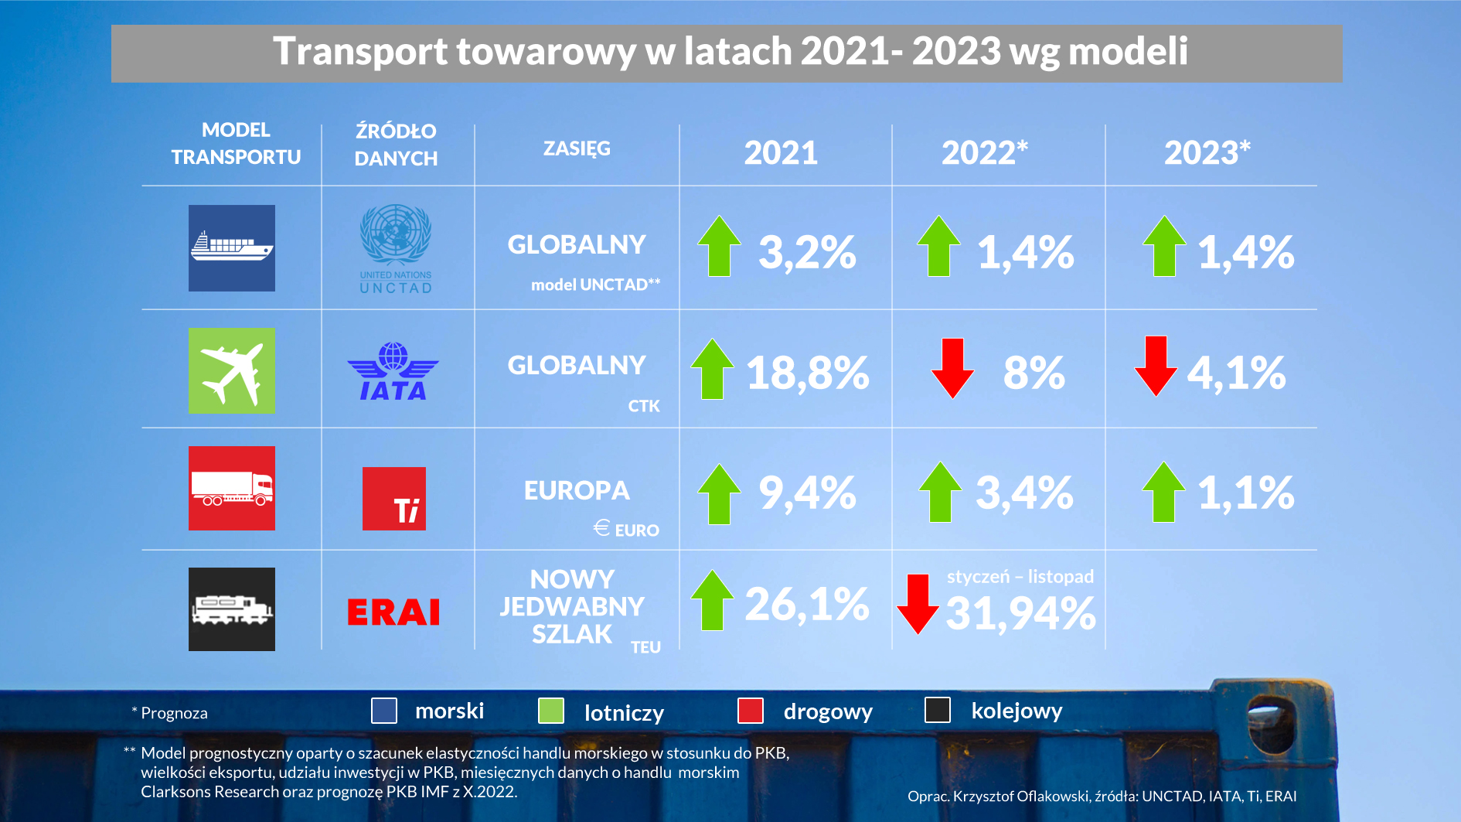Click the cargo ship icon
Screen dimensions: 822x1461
pyautogui.click(x=232, y=248)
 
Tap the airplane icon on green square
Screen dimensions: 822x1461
pyautogui.click(x=232, y=371)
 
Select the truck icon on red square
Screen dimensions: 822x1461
pyautogui.click(x=232, y=489)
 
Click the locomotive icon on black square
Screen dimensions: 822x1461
pyautogui.click(x=232, y=609)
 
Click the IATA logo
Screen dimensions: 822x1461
pyautogui.click(x=393, y=372)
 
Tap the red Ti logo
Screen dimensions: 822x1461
pyautogui.click(x=394, y=499)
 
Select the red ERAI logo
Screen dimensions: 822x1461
pyautogui.click(x=393, y=612)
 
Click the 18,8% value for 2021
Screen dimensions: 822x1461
pyautogui.click(x=807, y=373)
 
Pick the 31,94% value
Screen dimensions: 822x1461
pyautogui.click(x=1020, y=614)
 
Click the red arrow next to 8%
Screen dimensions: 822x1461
pyautogui.click(x=952, y=368)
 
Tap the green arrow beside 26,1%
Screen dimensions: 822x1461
pyautogui.click(x=712, y=600)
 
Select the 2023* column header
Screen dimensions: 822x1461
pyautogui.click(x=1207, y=152)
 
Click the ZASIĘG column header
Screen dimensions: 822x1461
pyautogui.click(x=577, y=148)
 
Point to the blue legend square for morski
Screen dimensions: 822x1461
pyautogui.click(x=384, y=711)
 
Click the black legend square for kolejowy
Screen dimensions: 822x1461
pyautogui.click(x=938, y=710)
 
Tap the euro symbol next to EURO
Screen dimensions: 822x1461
pyautogui.click(x=601, y=527)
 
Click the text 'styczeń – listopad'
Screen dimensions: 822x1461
pyautogui.click(x=1020, y=577)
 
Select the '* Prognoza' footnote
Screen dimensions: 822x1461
pyautogui.click(x=170, y=713)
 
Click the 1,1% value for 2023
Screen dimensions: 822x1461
pyautogui.click(x=1245, y=493)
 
